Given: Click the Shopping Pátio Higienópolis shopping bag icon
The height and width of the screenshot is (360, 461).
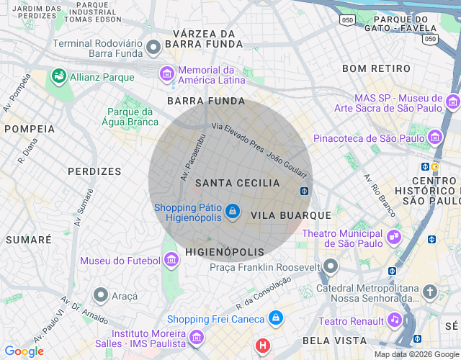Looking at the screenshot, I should pos(232,211).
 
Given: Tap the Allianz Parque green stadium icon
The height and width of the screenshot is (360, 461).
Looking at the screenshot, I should pos(58,76).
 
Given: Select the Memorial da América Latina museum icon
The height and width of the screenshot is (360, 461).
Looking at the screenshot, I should pos(167,73).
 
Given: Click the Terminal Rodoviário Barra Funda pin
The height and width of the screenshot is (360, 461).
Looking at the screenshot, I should pos(153,48).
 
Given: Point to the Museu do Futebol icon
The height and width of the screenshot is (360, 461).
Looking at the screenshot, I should pos(171,259).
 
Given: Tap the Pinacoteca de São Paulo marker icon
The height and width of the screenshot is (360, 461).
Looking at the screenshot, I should pos(434,137).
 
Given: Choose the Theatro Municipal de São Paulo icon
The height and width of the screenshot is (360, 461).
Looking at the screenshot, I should pos(394,235).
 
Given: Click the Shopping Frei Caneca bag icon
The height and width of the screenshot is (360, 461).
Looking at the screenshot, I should pos(275,318).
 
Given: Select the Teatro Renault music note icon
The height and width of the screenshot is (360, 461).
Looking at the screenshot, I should pos(394,319).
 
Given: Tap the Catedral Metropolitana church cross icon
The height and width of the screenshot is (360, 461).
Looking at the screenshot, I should pos(430,292).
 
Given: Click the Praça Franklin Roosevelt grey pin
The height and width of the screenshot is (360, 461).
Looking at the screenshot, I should pos(331,266).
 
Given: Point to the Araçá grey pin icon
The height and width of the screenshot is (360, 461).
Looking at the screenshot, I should pos(101,294).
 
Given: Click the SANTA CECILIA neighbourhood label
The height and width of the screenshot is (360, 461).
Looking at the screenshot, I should pos(237,183).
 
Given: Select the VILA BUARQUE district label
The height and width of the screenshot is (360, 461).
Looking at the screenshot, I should pos(291,215).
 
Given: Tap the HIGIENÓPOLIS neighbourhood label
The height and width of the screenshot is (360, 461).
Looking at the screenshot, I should pos(225,252).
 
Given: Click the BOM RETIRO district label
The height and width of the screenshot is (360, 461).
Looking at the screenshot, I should pos(376,69).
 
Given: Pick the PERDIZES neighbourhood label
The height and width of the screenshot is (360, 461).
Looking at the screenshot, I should pos(94,171).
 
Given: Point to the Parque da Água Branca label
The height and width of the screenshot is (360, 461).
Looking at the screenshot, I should pos(133,117).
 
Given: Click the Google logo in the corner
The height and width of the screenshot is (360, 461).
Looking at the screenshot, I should pos(24,351).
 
